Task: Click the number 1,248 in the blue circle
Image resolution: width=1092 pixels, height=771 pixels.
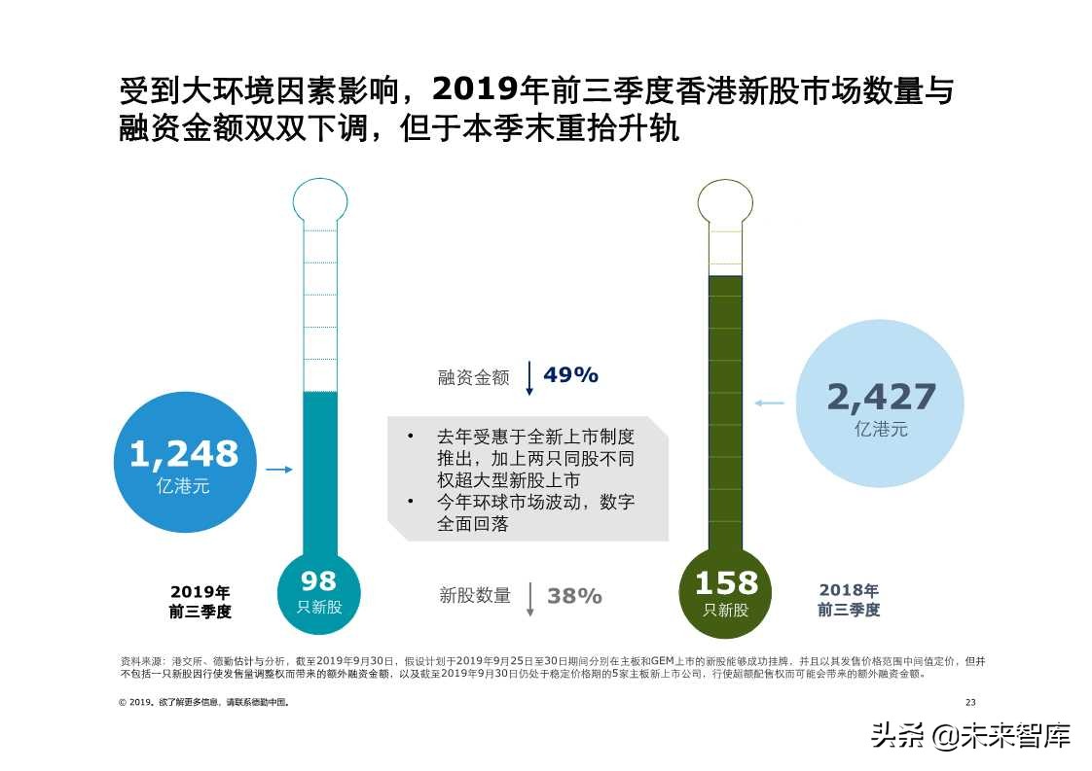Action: point(183,454)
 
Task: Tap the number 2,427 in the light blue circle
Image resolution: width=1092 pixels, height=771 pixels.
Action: point(881,397)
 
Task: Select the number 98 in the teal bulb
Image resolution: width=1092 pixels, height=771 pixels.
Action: point(318,581)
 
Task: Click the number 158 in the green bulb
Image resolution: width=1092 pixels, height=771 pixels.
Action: point(725,583)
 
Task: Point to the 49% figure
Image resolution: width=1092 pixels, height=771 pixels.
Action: point(570,375)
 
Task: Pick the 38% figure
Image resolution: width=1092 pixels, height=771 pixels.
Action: point(574,596)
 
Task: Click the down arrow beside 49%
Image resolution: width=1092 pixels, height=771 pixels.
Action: point(529,377)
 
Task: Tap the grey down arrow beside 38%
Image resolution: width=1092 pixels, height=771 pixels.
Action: point(530,599)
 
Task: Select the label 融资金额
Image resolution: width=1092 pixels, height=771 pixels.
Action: point(473,378)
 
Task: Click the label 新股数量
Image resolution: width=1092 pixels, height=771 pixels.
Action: point(475,596)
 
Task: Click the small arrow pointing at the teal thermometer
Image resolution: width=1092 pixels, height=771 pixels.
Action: point(279,470)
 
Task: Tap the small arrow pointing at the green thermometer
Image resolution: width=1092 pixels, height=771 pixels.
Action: point(769,402)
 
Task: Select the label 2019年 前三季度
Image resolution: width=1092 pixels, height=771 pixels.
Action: point(200,602)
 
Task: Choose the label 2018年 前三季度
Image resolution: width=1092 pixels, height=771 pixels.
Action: point(849,600)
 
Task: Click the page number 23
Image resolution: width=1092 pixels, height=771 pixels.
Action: point(969,702)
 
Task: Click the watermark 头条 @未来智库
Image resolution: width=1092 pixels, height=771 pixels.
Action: point(971,734)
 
